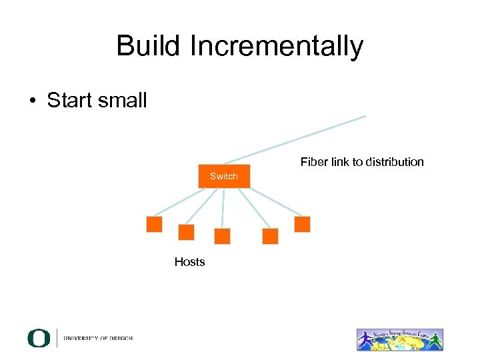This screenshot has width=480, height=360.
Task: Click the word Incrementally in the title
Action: point(277,46)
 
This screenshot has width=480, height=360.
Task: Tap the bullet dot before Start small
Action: point(32,101)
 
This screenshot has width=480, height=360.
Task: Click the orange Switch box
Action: point(224,176)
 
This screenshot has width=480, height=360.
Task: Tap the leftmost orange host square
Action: point(154,224)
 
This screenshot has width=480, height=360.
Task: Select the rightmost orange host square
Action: point(302,224)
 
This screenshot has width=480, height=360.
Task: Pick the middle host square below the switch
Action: point(222,236)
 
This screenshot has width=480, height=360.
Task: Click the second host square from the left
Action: point(187,232)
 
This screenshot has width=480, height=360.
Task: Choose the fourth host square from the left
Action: point(270,236)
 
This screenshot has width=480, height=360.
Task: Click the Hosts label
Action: point(189,262)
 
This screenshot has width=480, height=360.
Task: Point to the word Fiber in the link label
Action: point(313,162)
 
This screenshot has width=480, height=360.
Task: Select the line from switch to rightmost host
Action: point(273,201)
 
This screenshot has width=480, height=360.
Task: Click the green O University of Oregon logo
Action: point(39,338)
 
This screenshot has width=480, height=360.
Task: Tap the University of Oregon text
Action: point(98,338)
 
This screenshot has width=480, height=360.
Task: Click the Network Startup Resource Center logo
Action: point(399,339)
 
